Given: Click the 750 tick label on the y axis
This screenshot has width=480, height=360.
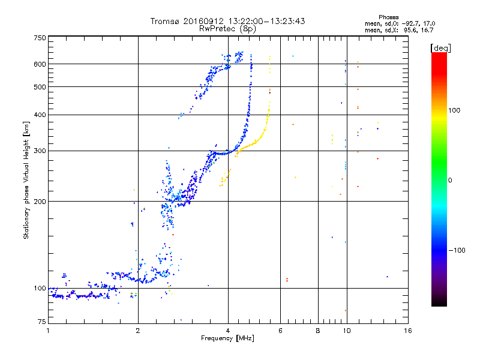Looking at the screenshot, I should click(40, 38).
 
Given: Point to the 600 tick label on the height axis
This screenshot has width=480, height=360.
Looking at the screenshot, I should click(40, 64).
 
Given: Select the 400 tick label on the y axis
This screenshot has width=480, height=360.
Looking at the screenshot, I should click(40, 115).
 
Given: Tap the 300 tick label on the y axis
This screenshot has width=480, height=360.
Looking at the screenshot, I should click(40, 151).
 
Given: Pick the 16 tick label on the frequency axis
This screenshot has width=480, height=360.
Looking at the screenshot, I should click(407, 331).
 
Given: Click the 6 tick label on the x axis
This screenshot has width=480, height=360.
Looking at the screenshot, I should click(281, 331).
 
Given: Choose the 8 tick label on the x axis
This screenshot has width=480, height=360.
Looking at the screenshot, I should click(318, 331).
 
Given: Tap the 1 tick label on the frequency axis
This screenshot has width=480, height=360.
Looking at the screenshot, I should click(48, 331).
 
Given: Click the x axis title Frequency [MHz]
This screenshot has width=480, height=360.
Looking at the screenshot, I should click(227, 339).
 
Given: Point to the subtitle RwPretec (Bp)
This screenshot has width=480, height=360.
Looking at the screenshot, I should click(228, 28).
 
